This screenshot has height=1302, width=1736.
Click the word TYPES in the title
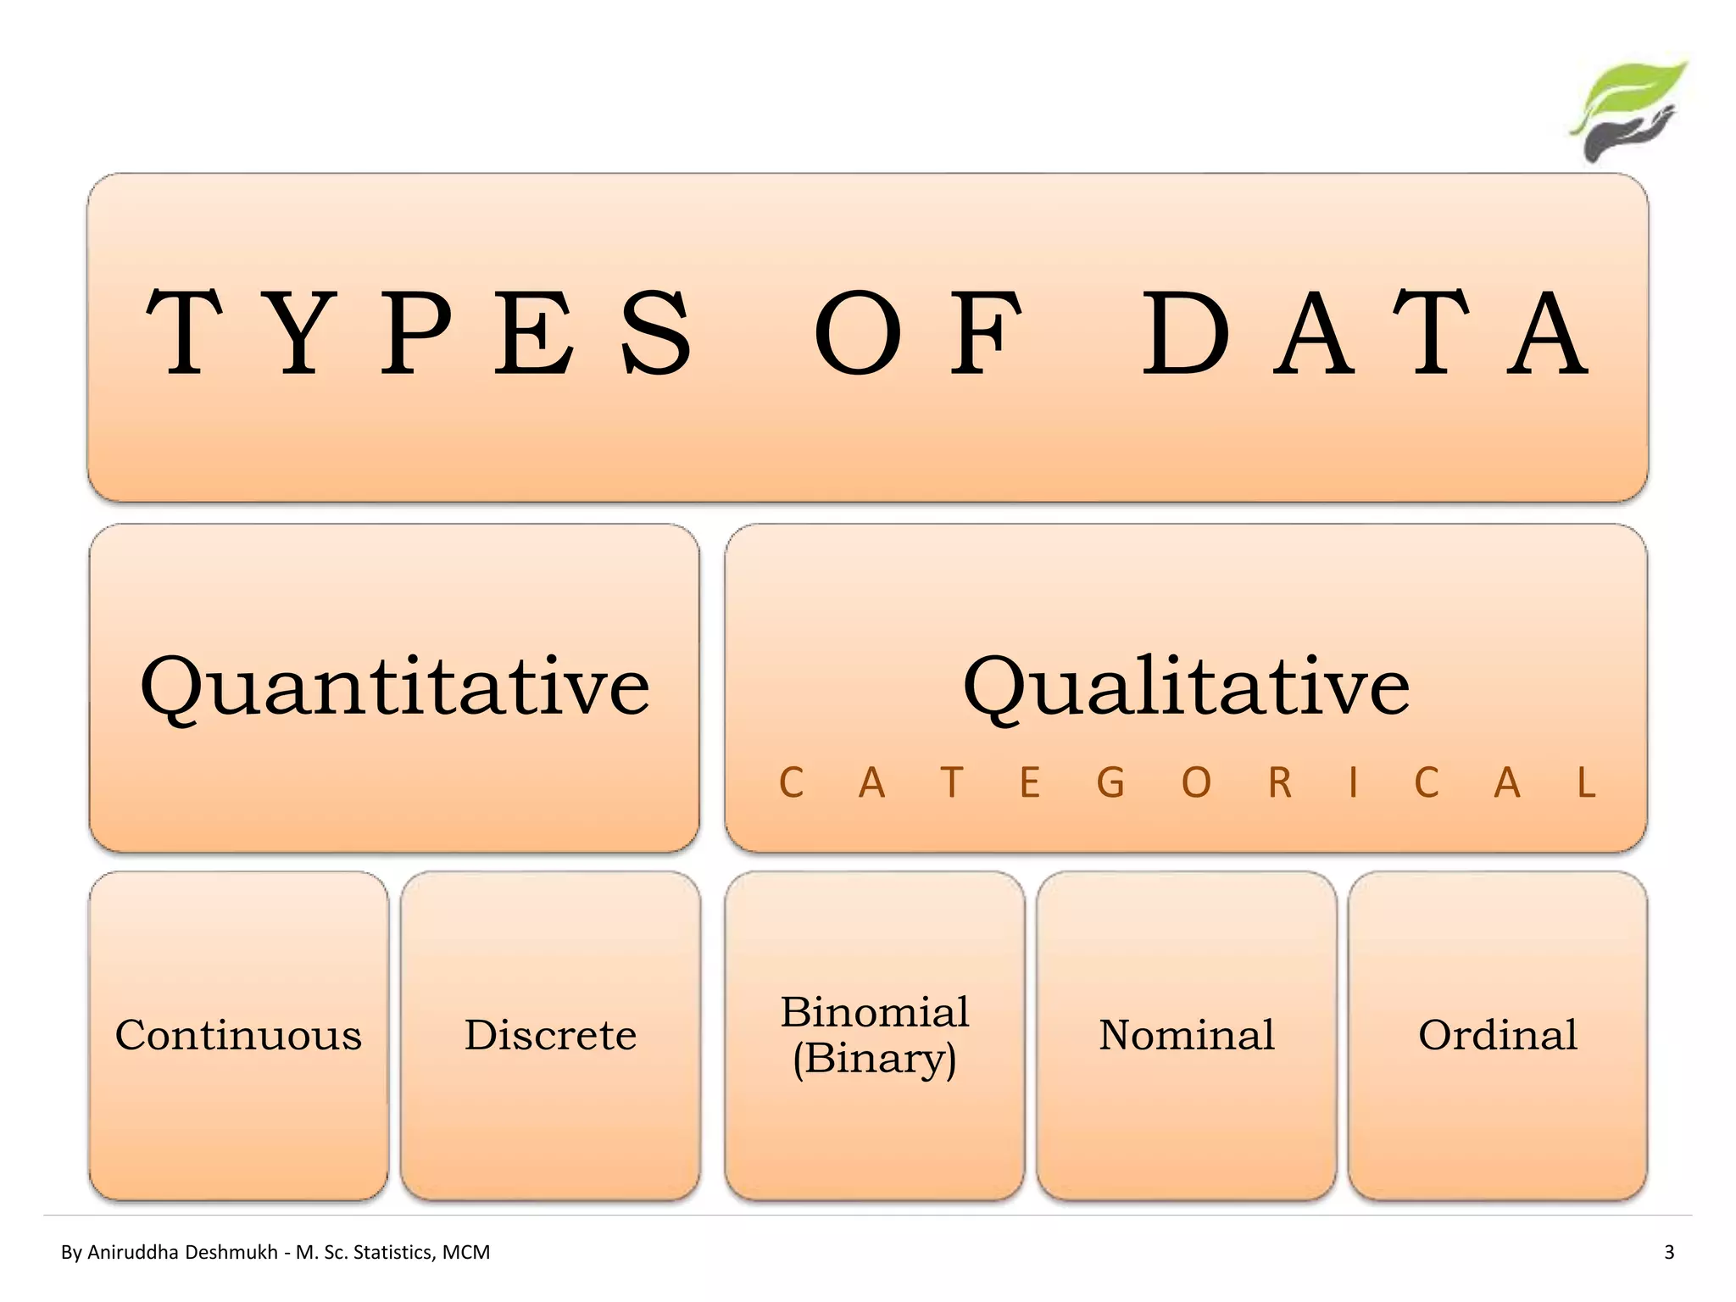tap(420, 332)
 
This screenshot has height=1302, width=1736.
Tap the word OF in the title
tap(918, 332)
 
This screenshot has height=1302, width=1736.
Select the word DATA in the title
tap(1365, 332)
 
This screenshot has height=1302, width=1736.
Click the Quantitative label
tap(395, 687)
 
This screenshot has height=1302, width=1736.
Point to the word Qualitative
tap(1186, 687)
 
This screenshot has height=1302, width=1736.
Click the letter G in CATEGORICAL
tap(1110, 783)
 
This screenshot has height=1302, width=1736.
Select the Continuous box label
tap(238, 1035)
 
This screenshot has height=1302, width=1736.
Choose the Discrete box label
tap(550, 1035)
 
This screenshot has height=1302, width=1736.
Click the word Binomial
tap(875, 1012)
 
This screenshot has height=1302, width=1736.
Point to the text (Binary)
tap(875, 1059)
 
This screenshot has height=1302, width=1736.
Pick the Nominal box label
tap(1187, 1035)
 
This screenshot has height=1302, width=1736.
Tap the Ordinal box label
tap(1498, 1035)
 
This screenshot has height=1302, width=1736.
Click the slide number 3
tap(1669, 1252)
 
